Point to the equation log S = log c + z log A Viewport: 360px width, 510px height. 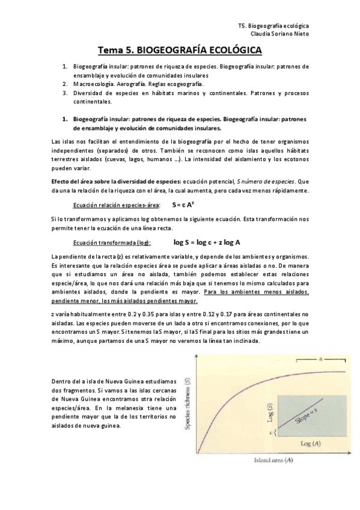pyautogui.click(x=207, y=242)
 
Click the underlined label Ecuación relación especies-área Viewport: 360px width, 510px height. pyautogui.click(x=116, y=206)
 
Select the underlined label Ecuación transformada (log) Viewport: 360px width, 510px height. pyautogui.click(x=112, y=243)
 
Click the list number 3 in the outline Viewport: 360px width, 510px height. pyautogui.click(x=65, y=94)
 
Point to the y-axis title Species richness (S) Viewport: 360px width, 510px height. pyautogui.click(x=188, y=402)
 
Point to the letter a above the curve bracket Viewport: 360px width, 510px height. pyautogui.click(x=321, y=359)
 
